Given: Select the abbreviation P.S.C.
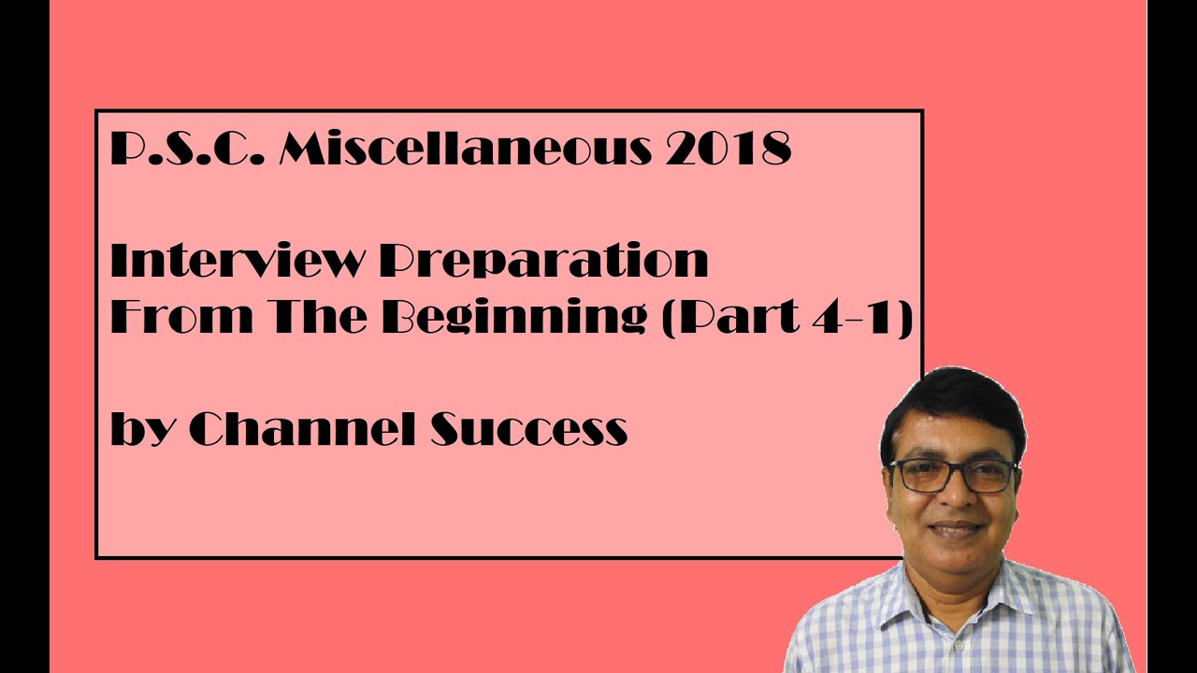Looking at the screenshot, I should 185,150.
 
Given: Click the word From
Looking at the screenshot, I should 180,318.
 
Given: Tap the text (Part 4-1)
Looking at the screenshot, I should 786,318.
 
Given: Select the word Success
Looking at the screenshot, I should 528,429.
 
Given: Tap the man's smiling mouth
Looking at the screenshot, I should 956,529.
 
